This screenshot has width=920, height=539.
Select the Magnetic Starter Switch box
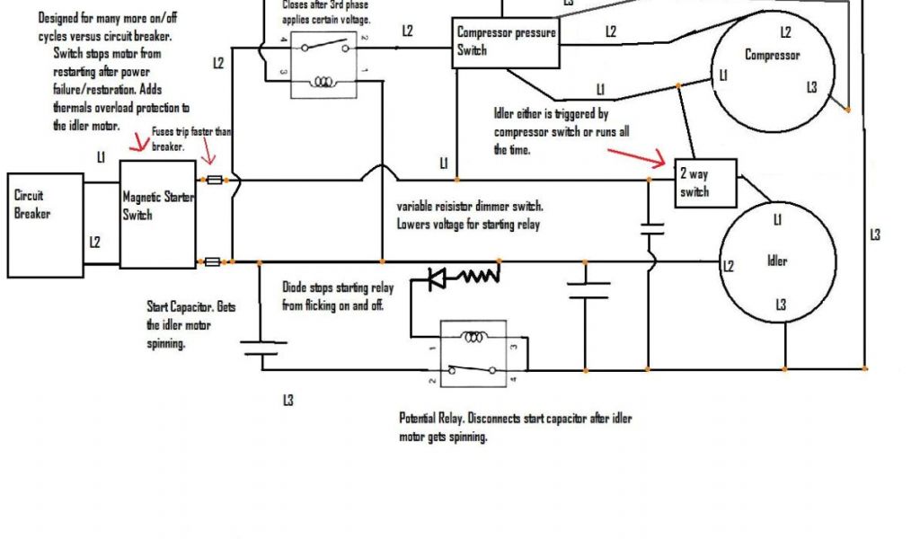point(157,215)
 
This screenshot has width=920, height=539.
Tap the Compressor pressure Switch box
point(506,42)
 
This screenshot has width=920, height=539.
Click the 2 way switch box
point(706,181)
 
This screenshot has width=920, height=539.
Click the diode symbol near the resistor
point(437,278)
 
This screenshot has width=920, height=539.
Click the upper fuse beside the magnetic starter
point(214,181)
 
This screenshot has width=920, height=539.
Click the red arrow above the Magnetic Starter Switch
point(138,143)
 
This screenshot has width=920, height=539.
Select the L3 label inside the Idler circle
point(781,306)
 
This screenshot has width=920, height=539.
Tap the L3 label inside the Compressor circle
point(811,87)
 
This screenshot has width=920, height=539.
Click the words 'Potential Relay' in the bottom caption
point(436,420)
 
